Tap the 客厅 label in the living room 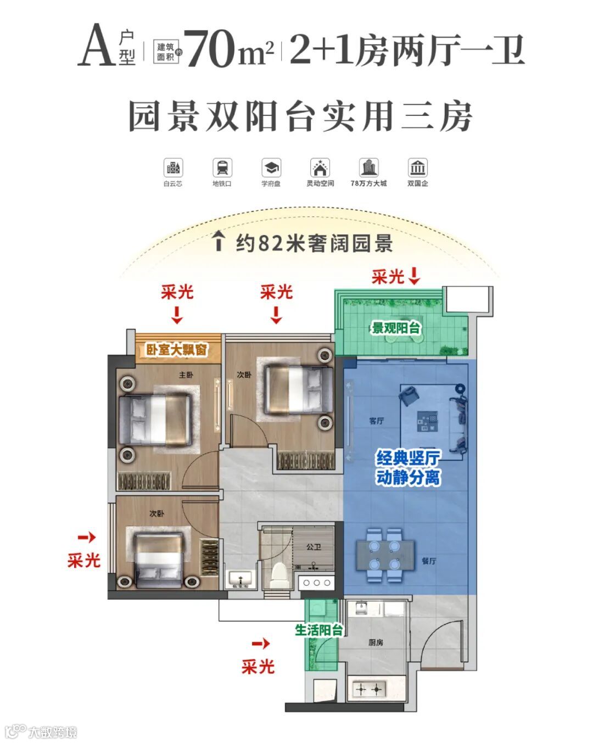[377, 421]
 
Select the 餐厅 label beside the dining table [429, 561]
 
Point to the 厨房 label [376, 642]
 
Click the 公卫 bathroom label [314, 547]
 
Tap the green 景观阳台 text [396, 328]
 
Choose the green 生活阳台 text [318, 630]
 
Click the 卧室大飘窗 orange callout [177, 349]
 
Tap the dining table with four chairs [384, 555]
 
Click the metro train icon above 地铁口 [222, 167]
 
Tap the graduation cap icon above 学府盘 [271, 167]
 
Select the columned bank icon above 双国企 [418, 167]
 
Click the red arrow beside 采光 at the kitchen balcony [261, 644]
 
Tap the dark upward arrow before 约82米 [219, 241]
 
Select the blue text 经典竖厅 [408, 458]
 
